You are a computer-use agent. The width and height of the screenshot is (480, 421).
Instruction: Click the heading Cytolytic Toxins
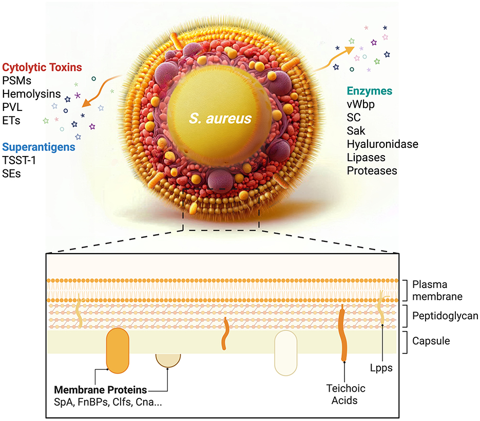coord(42,67)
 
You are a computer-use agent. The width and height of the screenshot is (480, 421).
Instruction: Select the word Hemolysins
coord(31,94)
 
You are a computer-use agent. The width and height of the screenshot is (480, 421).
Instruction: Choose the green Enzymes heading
coord(368,91)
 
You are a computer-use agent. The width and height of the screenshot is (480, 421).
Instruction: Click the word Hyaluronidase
coord(382,144)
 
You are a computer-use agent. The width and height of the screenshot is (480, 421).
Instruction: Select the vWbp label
coord(362,104)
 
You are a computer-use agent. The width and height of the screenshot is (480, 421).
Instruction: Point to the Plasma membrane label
coord(437,290)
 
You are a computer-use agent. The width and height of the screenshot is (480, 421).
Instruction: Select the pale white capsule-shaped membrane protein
coord(286,353)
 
